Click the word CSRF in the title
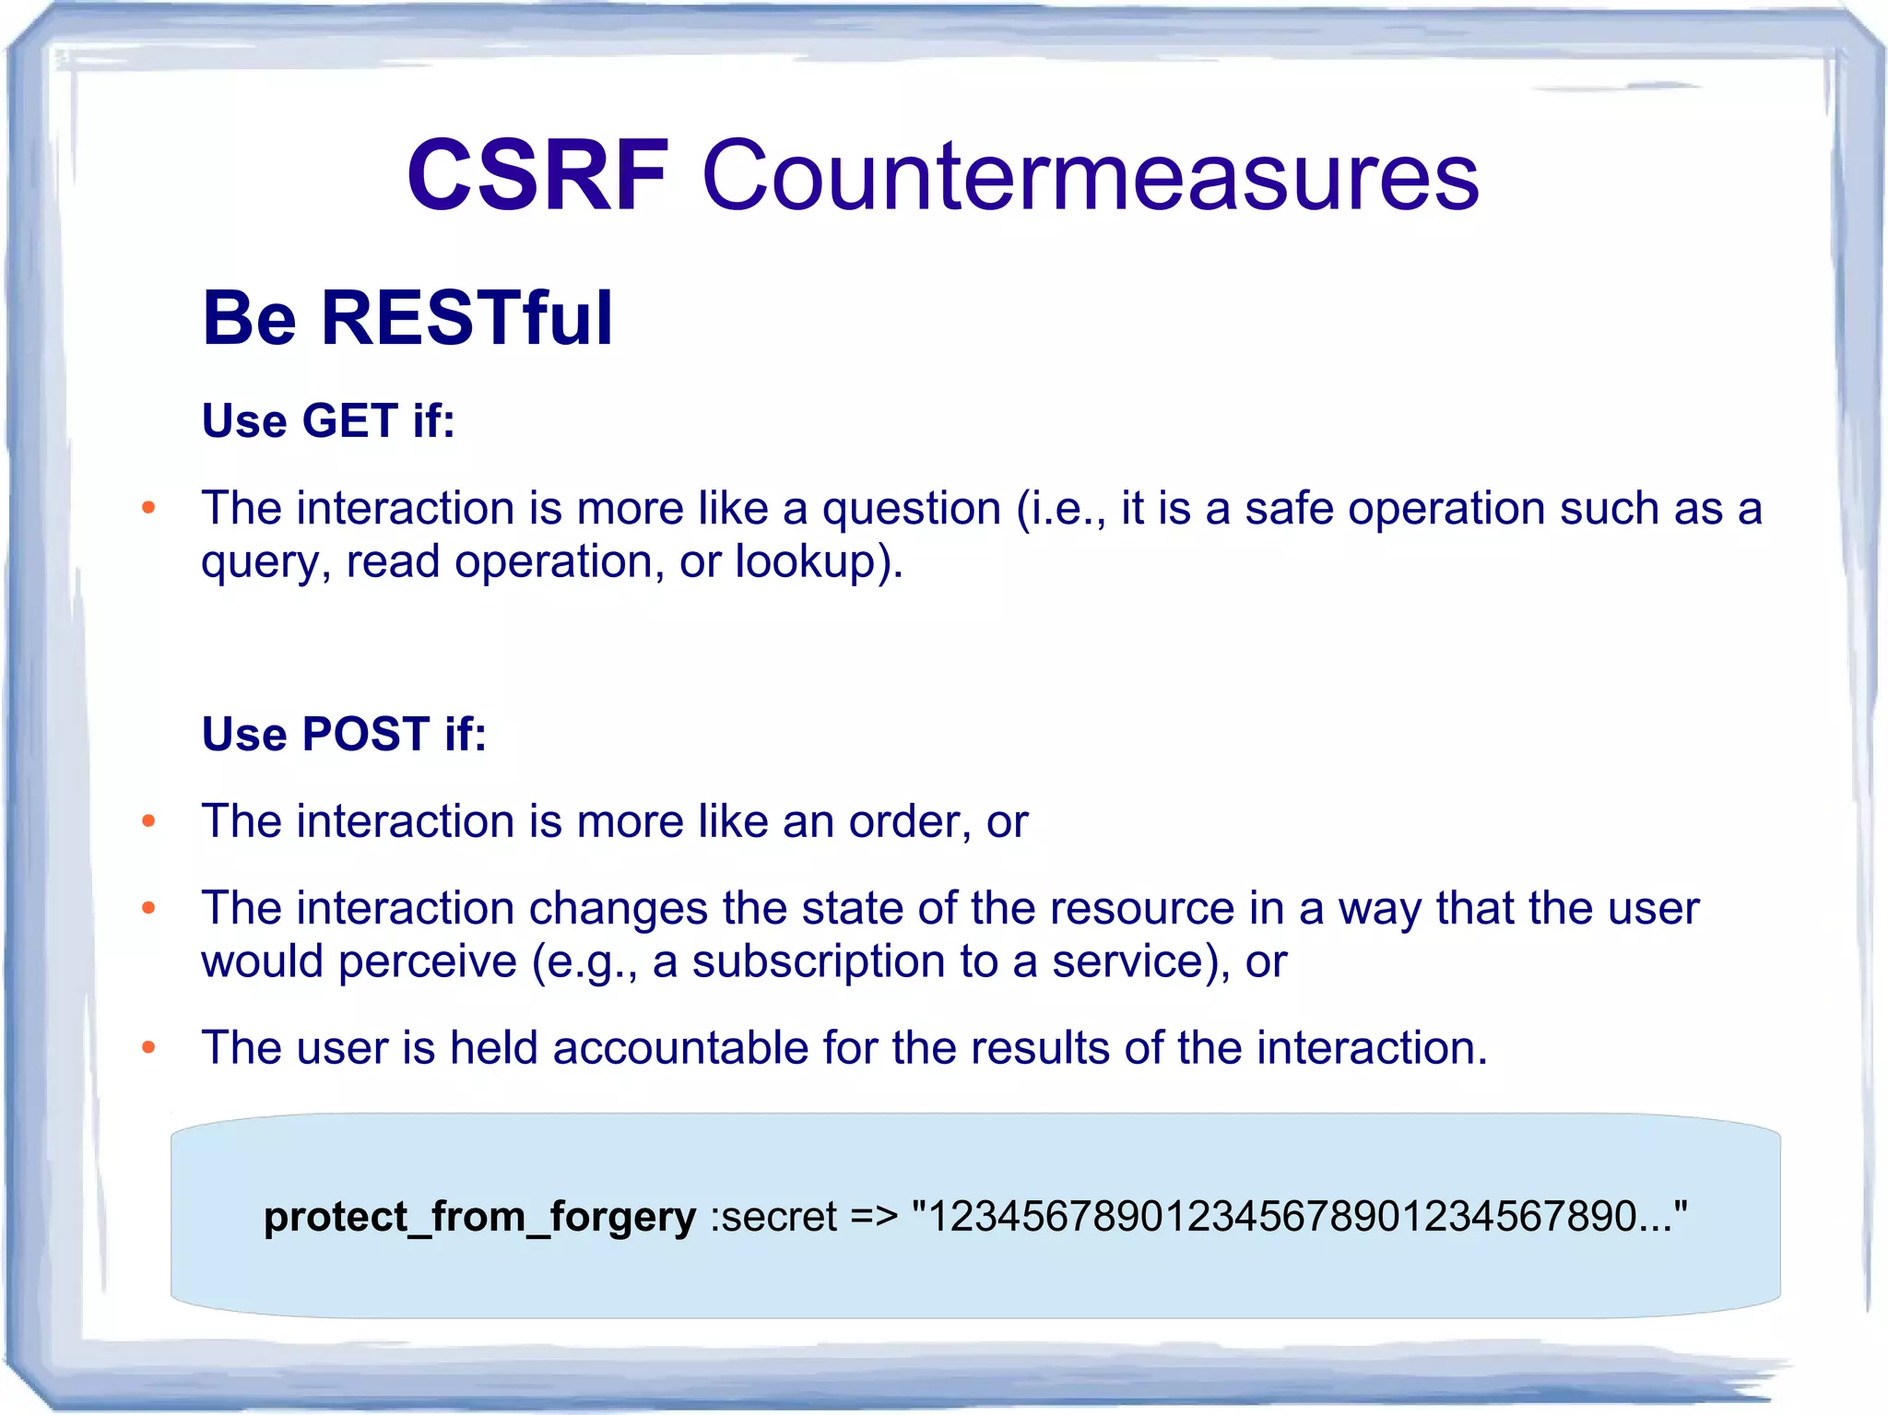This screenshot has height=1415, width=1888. click(537, 175)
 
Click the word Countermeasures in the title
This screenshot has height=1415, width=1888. click(1090, 175)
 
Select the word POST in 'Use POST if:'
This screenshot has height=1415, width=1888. click(366, 735)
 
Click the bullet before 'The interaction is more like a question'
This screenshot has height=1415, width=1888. click(148, 508)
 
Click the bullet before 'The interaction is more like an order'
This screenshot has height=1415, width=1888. click(148, 821)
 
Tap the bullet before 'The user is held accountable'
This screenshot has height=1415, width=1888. click(148, 1048)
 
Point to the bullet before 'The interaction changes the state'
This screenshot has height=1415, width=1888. click(148, 909)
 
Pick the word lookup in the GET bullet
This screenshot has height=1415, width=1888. click(805, 562)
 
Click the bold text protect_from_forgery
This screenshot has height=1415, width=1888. click(479, 1217)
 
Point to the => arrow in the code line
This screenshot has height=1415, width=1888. click(873, 1217)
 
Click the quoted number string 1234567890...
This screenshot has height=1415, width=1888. click(1298, 1217)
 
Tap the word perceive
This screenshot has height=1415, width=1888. click(427, 962)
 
